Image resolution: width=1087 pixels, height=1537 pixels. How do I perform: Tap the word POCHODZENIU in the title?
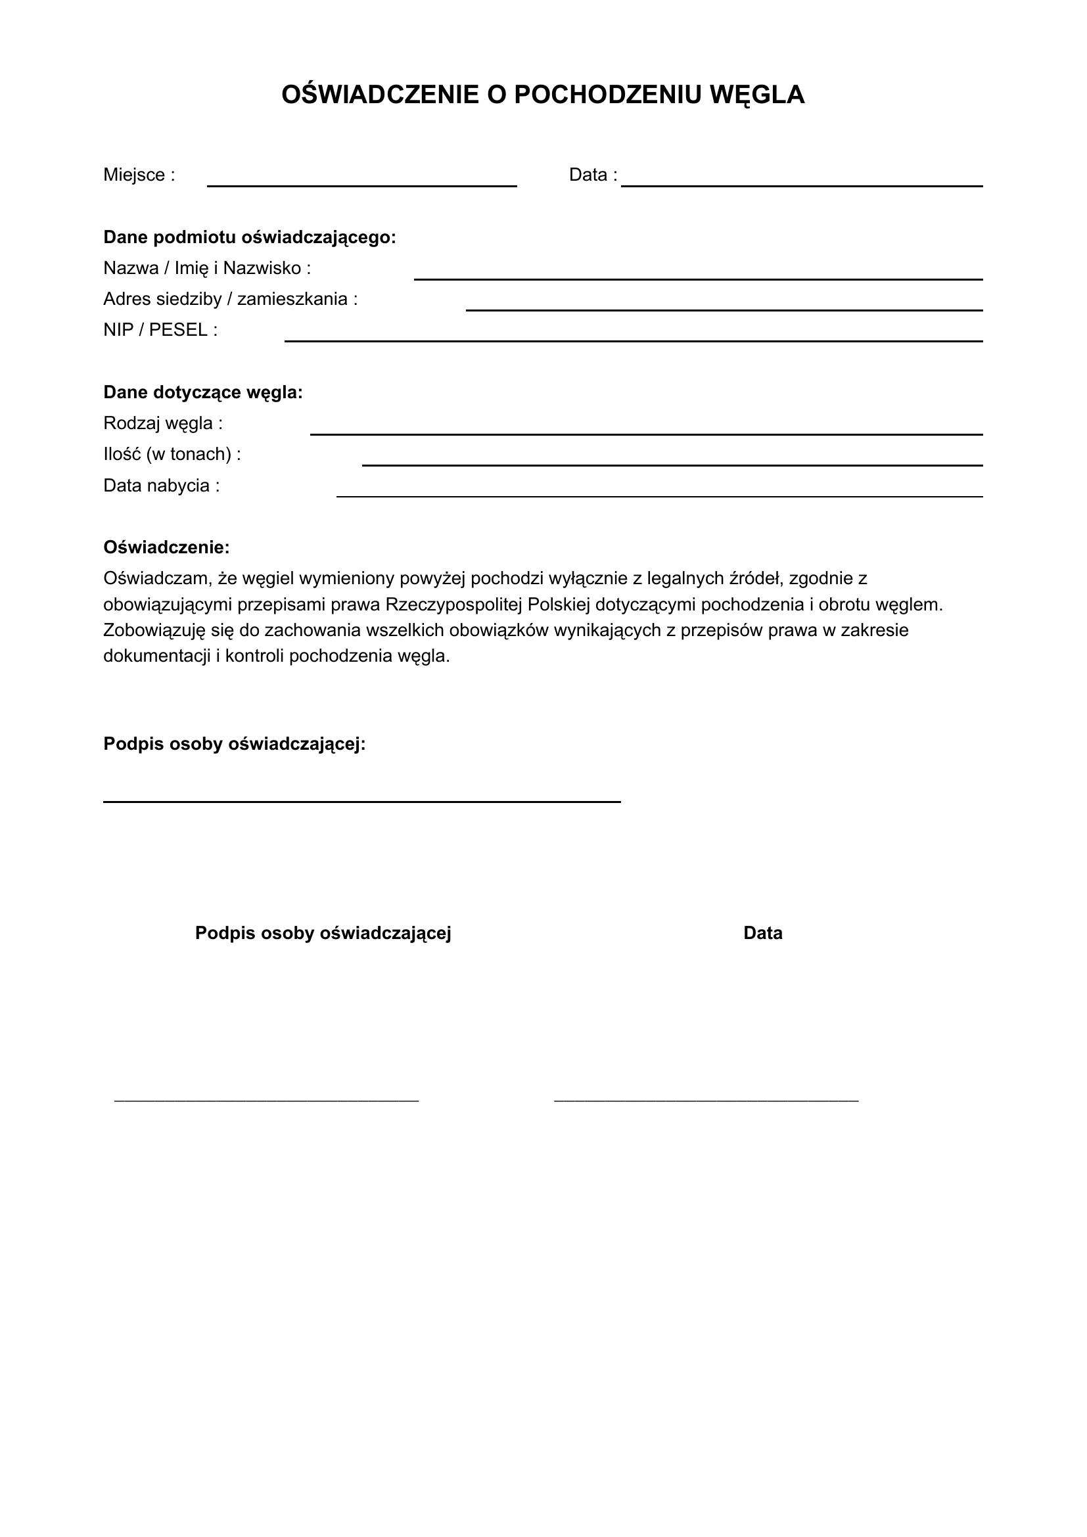point(609,95)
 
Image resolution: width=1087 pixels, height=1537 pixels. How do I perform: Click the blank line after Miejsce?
point(361,185)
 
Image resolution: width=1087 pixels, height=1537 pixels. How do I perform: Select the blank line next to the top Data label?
point(801,185)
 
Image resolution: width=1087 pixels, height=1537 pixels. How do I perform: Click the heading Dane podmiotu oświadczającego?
point(249,238)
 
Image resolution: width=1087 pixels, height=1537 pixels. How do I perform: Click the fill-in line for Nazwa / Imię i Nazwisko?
point(697,279)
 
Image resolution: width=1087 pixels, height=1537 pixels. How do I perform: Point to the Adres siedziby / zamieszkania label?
point(230,299)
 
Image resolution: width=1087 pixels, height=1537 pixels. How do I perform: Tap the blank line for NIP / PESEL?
point(633,341)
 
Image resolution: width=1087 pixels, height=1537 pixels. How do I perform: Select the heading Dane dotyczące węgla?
point(203,393)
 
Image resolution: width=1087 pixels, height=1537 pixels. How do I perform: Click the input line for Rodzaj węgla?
point(646,434)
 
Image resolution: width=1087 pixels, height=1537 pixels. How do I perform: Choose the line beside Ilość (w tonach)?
point(672,465)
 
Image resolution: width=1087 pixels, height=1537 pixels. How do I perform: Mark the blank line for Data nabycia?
point(659,496)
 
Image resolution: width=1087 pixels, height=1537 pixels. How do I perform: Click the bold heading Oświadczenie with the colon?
point(166,547)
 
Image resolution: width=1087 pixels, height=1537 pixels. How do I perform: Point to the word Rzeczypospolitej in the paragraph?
point(454,605)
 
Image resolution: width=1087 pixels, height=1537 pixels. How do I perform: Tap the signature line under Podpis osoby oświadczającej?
point(361,800)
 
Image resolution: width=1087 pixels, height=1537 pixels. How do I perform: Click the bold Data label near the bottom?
point(762,933)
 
